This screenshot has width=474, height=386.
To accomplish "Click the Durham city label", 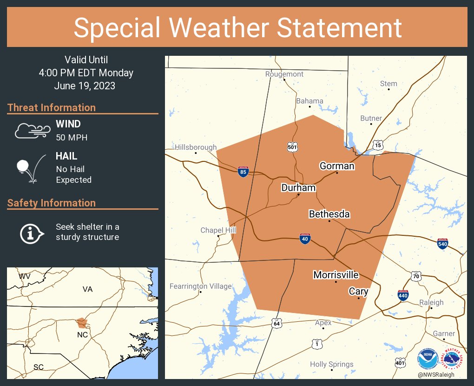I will pos(298,188).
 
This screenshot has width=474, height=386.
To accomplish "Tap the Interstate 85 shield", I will pos(243,172).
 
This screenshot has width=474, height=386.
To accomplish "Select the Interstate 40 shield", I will pos(304,239).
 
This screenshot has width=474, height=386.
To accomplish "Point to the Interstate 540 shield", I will pos(443,243).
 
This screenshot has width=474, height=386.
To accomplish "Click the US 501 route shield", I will pos(291,147).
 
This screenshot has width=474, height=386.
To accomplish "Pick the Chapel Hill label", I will pos(218,230).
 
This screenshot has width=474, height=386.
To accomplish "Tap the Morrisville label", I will pos(336,275).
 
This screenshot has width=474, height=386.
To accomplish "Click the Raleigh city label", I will pos(431,302).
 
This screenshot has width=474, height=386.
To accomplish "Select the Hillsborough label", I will pos(196,147).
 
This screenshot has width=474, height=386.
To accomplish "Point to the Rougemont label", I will pos(284,74).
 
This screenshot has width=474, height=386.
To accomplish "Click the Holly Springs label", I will pos(331,364).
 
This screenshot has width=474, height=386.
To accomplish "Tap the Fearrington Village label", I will pos(200,286).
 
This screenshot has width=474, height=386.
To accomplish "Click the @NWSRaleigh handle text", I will pos(436,375).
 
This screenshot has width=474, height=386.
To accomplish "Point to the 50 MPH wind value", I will pos(72,137).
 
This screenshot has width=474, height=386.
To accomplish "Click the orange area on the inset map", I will pos(82,322).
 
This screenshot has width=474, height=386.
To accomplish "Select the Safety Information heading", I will pos(52,203).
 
